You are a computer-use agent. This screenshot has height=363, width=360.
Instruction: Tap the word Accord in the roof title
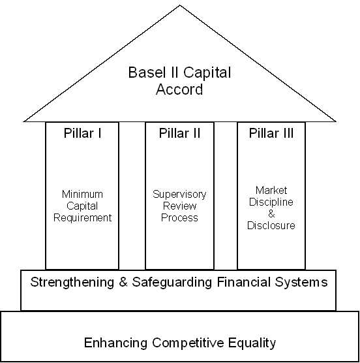click(179, 89)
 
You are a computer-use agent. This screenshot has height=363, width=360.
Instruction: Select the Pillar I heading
click(83, 133)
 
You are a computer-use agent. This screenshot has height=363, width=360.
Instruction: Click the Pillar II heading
click(179, 133)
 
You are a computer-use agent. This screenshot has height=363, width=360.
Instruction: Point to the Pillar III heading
click(271, 133)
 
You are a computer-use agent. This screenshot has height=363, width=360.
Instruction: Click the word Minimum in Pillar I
click(82, 194)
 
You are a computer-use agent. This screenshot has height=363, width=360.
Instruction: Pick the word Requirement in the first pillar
click(83, 217)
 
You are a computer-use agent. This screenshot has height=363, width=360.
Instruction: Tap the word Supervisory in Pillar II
click(179, 195)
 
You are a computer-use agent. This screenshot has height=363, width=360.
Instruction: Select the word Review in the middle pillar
click(179, 206)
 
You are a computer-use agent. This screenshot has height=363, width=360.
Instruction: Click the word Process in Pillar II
click(179, 217)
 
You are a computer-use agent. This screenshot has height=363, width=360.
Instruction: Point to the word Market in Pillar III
click(271, 190)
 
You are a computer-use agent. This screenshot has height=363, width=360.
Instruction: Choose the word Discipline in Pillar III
click(271, 202)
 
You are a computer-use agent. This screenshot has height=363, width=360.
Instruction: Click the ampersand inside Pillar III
click(271, 213)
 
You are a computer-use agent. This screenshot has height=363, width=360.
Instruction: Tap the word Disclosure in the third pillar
click(271, 225)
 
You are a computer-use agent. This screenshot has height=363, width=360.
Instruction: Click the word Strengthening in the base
click(72, 283)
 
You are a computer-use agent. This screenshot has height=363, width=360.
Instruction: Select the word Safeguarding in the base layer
click(172, 283)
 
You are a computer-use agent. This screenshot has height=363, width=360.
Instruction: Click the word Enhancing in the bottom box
click(115, 343)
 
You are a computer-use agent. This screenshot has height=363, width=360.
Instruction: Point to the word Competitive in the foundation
click(188, 343)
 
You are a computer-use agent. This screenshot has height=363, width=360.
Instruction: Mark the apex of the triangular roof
click(179, 5)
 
